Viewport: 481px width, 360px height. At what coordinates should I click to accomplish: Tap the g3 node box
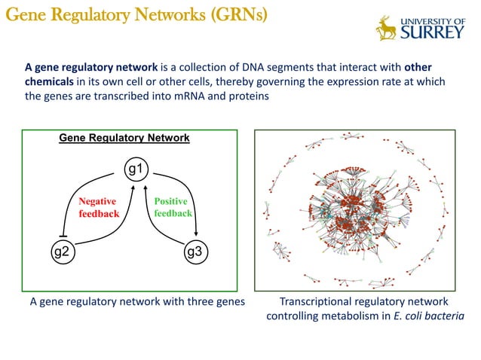(195, 252)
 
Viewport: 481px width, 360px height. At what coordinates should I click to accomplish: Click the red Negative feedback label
(98, 207)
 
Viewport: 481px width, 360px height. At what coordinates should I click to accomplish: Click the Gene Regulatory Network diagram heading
(124, 139)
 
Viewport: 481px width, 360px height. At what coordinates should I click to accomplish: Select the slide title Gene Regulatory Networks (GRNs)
(135, 15)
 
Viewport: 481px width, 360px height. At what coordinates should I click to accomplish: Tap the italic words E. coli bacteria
(428, 316)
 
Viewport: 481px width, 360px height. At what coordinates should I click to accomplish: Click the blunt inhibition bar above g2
(64, 235)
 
